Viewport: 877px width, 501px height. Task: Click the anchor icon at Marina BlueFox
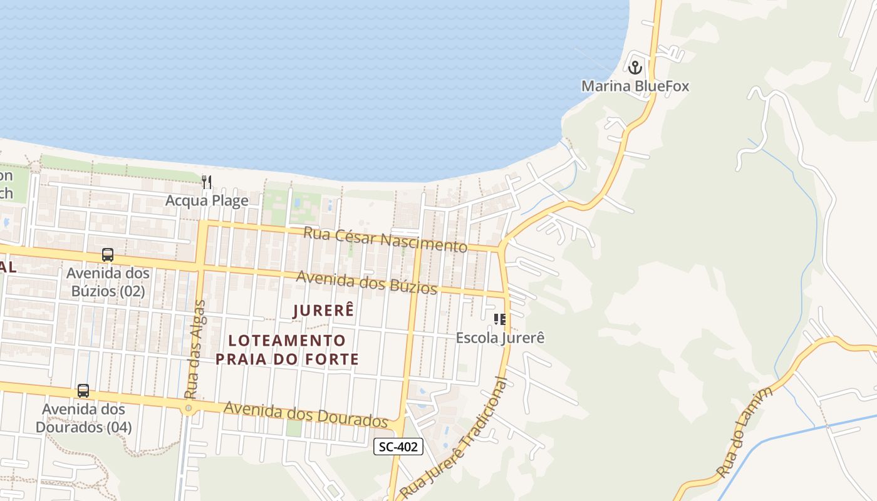click(636, 66)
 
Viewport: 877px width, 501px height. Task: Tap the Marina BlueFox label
click(635, 86)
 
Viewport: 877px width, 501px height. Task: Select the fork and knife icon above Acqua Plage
click(207, 182)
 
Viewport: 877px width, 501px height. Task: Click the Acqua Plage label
click(207, 200)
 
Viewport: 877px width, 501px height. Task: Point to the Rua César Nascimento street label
click(385, 239)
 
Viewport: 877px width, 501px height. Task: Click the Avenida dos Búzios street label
click(366, 282)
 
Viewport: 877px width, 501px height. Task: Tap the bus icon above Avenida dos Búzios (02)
click(108, 255)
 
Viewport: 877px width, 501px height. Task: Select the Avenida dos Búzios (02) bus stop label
click(108, 282)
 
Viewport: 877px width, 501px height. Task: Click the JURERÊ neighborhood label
click(324, 309)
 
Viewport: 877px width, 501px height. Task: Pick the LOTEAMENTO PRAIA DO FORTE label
click(287, 349)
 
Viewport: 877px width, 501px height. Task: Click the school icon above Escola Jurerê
click(500, 319)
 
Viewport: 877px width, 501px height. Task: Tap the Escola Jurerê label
click(500, 338)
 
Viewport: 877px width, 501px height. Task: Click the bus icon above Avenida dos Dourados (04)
click(83, 391)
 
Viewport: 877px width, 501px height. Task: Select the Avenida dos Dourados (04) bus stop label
click(83, 418)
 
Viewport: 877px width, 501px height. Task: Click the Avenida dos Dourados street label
click(306, 415)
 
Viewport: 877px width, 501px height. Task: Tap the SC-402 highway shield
click(398, 447)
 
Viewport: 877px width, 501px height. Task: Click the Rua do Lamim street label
click(746, 432)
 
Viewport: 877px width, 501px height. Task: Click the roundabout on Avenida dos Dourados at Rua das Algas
click(189, 408)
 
